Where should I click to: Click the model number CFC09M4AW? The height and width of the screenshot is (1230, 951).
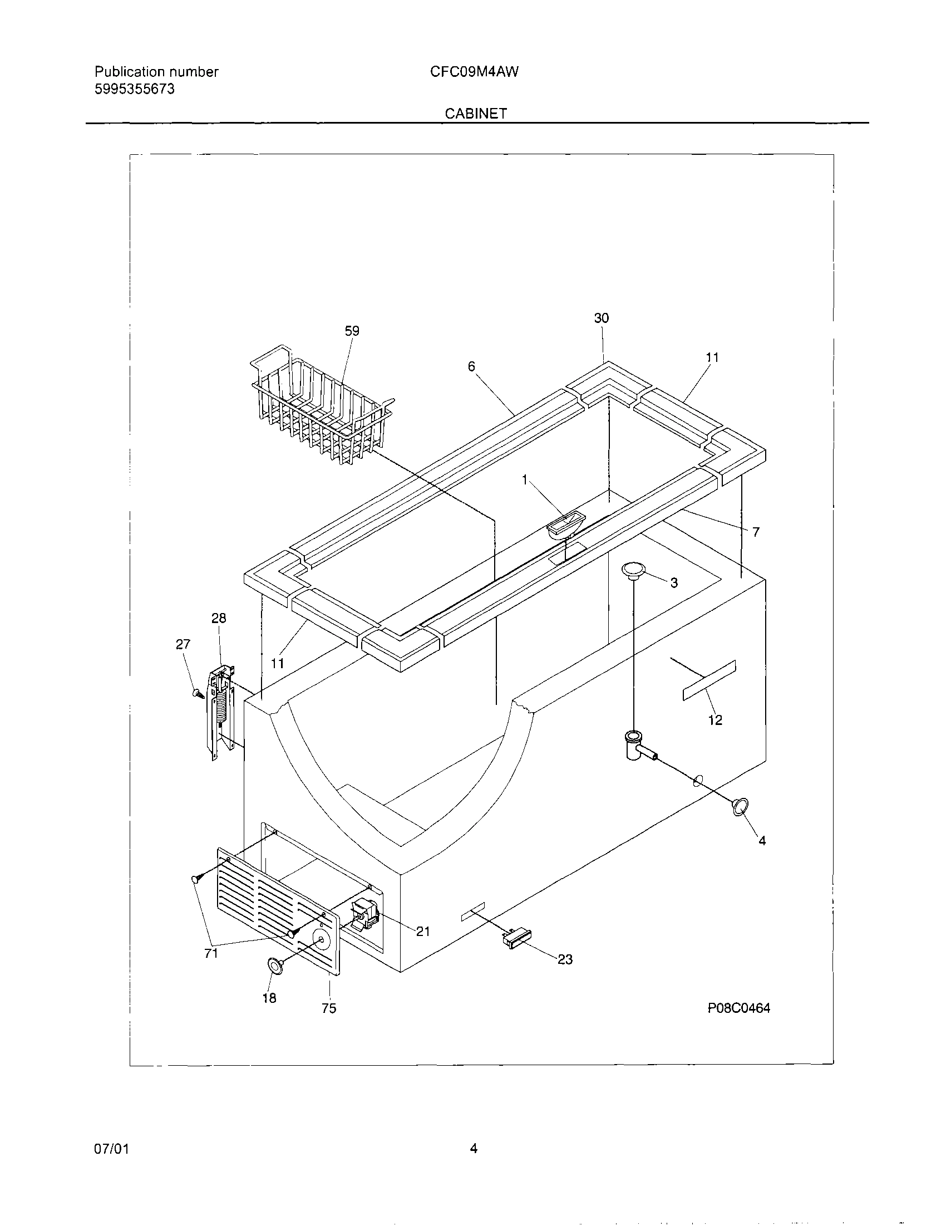tap(474, 71)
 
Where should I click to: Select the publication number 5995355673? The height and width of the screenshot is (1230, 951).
tap(135, 89)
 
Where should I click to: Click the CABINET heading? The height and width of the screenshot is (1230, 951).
tap(475, 113)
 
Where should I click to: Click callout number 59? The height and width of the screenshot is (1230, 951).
tap(352, 331)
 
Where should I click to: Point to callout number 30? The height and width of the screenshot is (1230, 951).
tap(602, 318)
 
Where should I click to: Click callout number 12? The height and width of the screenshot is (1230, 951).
tap(715, 721)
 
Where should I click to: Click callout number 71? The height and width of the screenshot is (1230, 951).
tap(211, 953)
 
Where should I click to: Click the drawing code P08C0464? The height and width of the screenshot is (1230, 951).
tap(738, 1008)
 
